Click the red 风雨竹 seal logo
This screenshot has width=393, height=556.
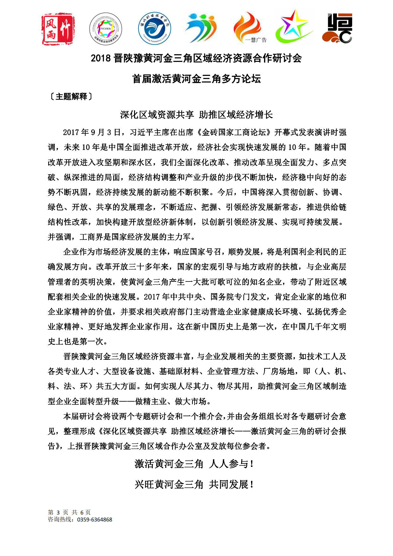[x=58, y=29]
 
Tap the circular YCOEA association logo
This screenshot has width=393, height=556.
[x=106, y=29]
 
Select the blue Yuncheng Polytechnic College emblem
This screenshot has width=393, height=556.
[x=154, y=29]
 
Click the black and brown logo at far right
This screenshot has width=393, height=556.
[x=338, y=28]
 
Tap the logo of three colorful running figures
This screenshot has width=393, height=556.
[x=201, y=28]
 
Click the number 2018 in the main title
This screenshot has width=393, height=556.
[x=100, y=58]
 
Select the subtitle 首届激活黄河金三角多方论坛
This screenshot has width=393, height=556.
[x=196, y=79]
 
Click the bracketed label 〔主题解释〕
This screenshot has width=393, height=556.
[x=71, y=96]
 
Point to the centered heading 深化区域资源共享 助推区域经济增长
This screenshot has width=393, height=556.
[x=196, y=115]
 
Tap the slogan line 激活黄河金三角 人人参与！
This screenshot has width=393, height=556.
[x=194, y=464]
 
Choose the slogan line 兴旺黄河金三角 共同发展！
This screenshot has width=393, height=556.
[x=194, y=484]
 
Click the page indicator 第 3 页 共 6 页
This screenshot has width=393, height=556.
[x=69, y=512]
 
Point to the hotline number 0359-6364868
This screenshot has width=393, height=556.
[x=94, y=520]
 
